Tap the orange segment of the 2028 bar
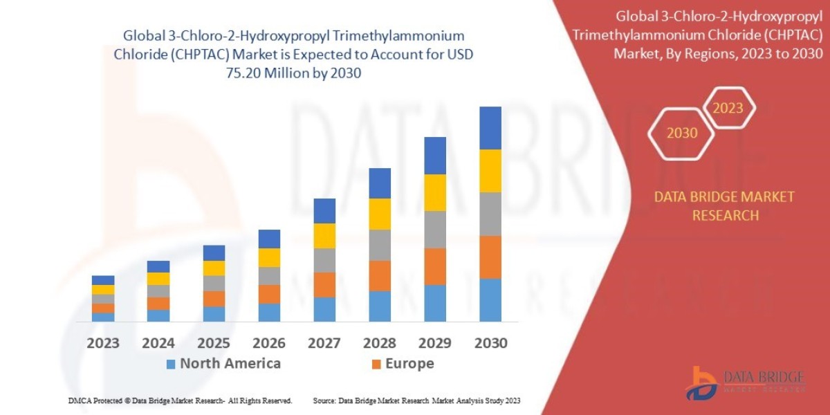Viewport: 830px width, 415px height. click(x=380, y=275)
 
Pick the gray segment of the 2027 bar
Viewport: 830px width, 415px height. click(x=324, y=260)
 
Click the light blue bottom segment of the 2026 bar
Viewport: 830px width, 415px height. click(x=269, y=313)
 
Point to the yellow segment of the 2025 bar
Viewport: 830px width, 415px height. click(x=214, y=268)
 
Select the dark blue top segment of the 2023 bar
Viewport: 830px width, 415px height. click(x=103, y=280)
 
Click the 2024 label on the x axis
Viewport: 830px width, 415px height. click(x=158, y=343)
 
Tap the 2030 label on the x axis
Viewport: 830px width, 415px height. click(x=490, y=343)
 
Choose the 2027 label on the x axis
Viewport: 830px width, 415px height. click(x=324, y=343)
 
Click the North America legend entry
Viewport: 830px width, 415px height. click(x=223, y=364)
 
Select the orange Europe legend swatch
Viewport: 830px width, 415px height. click(x=376, y=364)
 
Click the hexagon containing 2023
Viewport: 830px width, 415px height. click(x=728, y=108)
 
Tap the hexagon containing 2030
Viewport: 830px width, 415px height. click(x=682, y=133)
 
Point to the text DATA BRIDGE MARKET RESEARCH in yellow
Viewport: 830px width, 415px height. click(x=724, y=206)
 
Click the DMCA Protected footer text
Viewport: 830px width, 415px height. click(x=180, y=400)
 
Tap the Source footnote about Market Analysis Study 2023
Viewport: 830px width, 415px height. click(x=416, y=400)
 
